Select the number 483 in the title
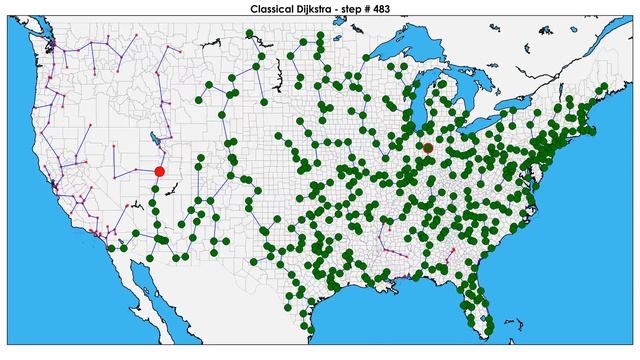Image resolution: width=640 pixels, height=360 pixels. point(401,8)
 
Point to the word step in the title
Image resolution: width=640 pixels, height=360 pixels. point(369,8)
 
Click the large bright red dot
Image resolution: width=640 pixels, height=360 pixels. point(159,172)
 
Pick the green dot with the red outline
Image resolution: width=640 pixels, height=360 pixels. point(428,148)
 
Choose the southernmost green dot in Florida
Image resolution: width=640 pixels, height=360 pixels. point(487,319)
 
